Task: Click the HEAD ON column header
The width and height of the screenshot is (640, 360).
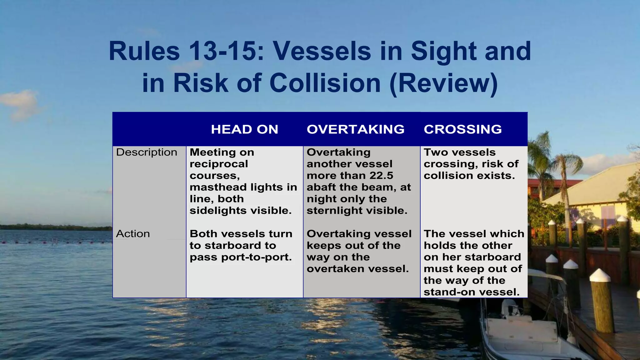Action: (244, 129)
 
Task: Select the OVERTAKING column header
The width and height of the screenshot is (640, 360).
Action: (356, 129)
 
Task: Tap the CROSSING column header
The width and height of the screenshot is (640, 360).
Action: (462, 129)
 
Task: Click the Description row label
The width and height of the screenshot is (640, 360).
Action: (147, 152)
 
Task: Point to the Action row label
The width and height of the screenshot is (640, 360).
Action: (133, 234)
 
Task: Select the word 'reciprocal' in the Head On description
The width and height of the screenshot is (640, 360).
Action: (219, 164)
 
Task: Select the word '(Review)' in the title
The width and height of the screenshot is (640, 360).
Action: (444, 83)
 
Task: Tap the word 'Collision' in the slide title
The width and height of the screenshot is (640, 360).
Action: (325, 83)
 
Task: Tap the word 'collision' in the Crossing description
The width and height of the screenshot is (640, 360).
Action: (444, 176)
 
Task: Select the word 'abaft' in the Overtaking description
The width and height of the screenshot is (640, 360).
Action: (321, 187)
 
